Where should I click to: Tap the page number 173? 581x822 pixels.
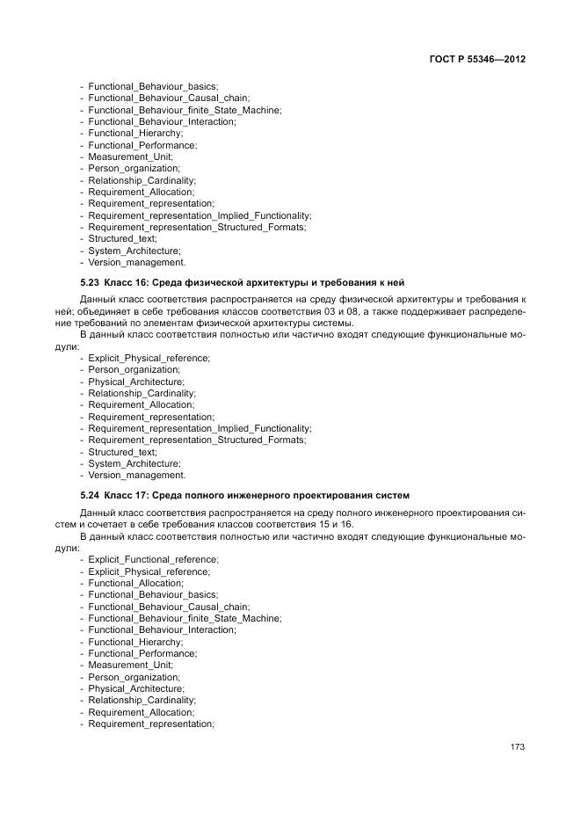click(x=517, y=747)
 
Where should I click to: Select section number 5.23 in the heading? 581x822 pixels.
click(x=91, y=283)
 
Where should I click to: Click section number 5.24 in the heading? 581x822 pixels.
click(x=91, y=495)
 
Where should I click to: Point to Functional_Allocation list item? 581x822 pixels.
click(x=135, y=583)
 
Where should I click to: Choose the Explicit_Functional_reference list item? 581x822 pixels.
click(x=153, y=559)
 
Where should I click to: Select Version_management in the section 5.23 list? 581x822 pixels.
click(x=136, y=475)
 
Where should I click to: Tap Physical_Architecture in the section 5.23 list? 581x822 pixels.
click(x=135, y=382)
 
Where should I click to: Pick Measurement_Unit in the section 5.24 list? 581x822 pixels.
click(x=130, y=666)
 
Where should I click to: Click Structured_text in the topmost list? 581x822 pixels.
click(x=122, y=238)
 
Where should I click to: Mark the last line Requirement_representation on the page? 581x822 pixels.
click(x=150, y=724)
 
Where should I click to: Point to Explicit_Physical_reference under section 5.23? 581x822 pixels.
click(x=149, y=358)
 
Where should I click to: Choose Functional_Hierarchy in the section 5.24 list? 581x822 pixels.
click(x=134, y=642)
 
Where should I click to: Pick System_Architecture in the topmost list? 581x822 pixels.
click(x=134, y=251)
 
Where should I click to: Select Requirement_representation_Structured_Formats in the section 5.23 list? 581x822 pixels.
click(x=197, y=440)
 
